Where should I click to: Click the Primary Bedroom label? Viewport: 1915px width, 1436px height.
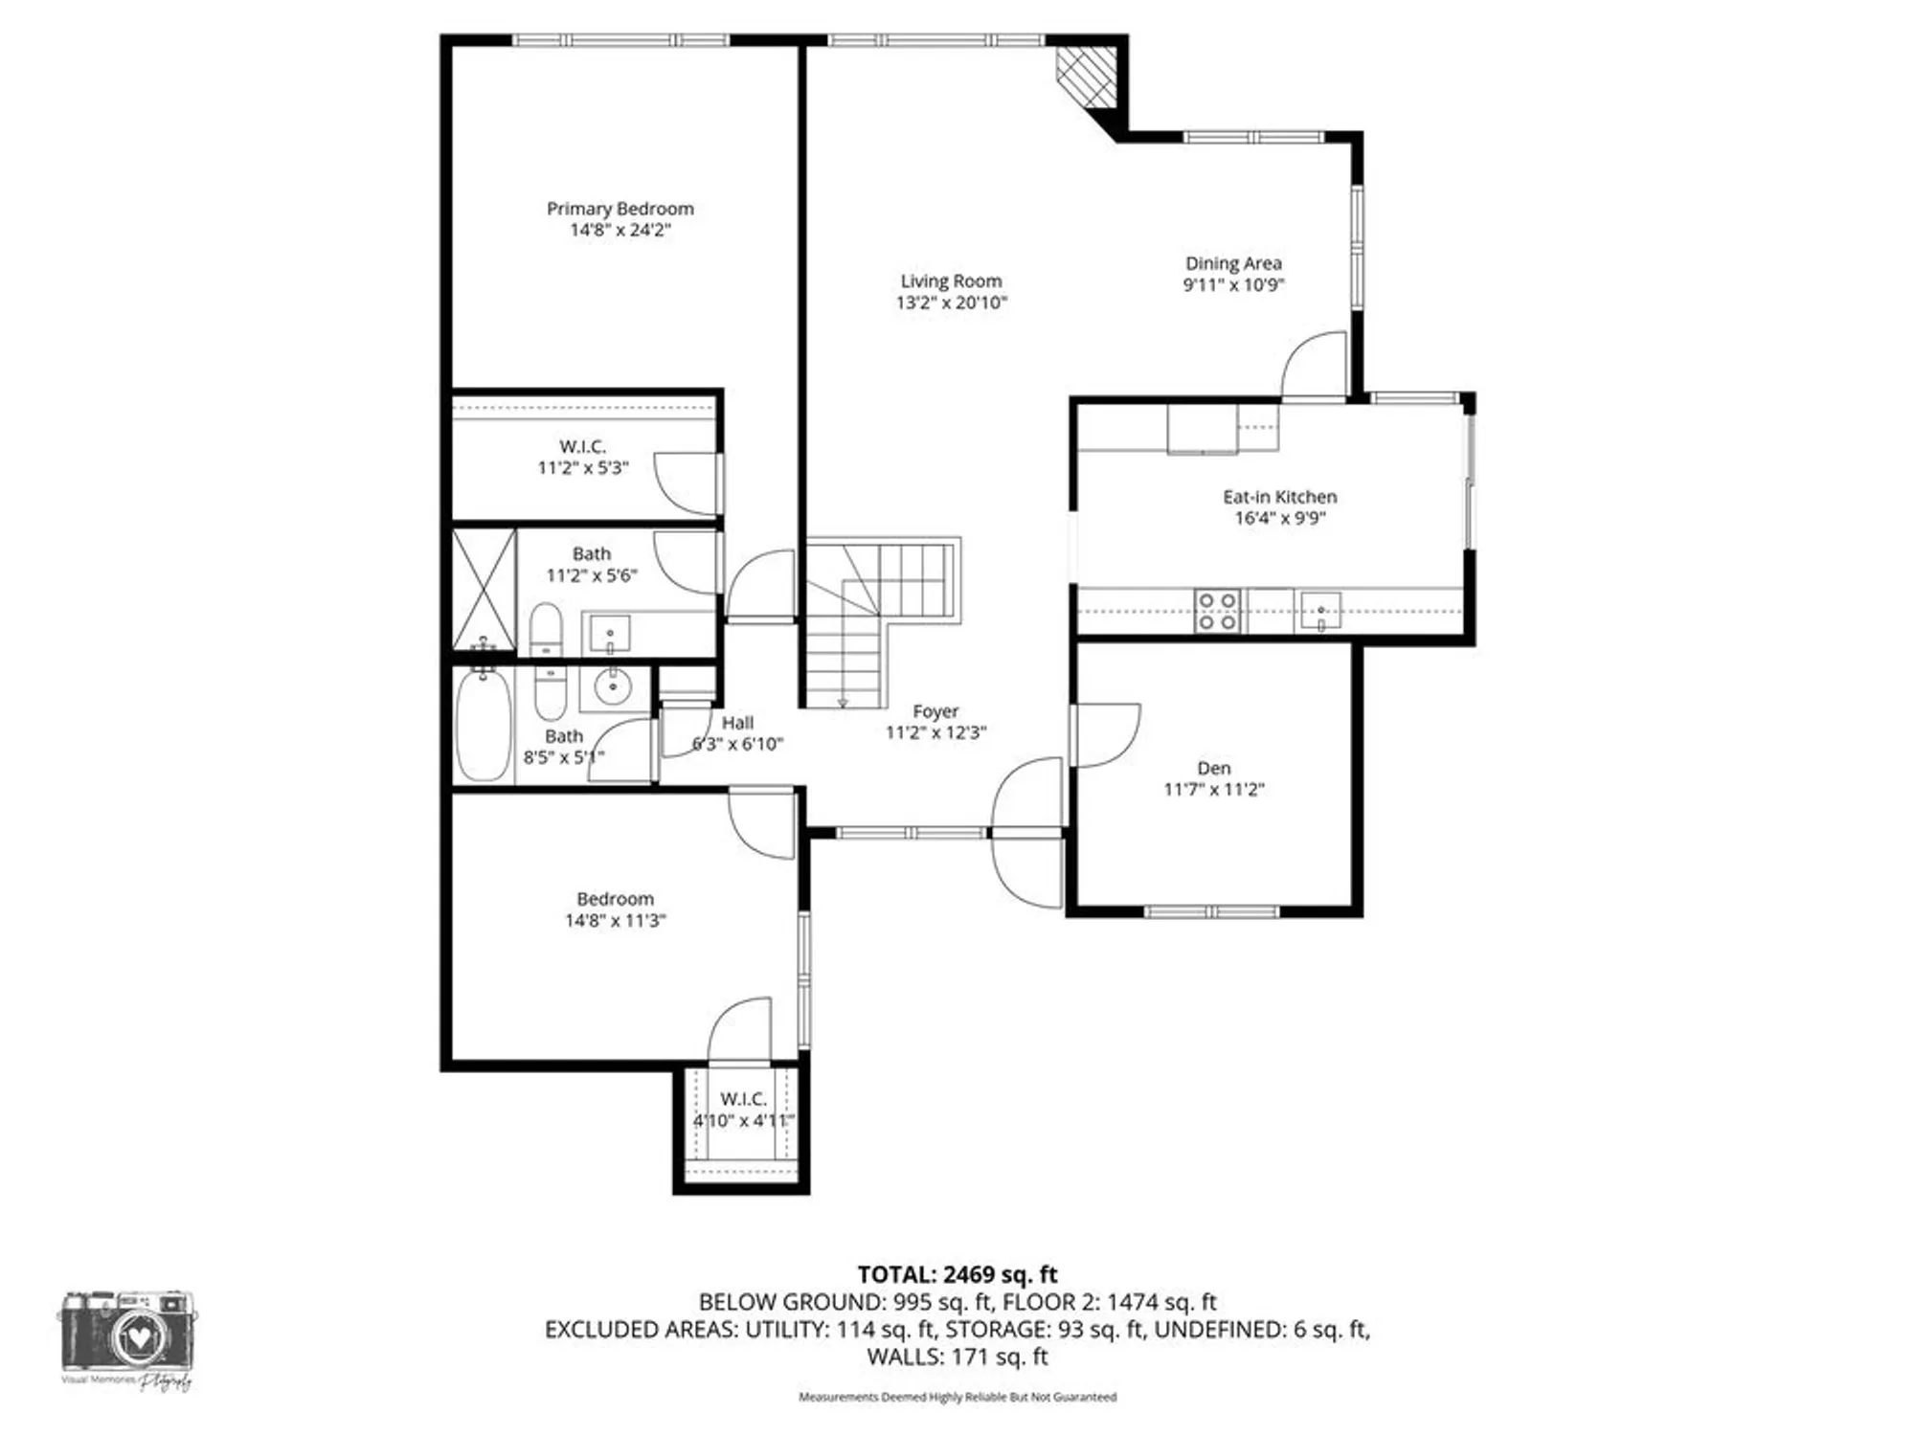coord(620,209)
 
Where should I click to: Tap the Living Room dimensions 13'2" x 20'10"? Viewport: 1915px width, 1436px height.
coord(951,303)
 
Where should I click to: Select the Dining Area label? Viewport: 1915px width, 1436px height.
coord(1232,263)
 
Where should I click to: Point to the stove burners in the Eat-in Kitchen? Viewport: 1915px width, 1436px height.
coord(1217,611)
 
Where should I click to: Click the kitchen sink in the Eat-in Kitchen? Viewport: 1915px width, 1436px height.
coord(1320,611)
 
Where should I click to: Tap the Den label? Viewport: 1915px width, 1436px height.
coord(1213,768)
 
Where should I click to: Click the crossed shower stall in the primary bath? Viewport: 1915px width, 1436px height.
coord(484,590)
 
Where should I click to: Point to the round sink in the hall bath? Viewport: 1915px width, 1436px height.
coord(610,686)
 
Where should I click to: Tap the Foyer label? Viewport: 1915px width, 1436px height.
coord(935,711)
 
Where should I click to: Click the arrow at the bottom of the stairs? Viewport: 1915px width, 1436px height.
coord(843,703)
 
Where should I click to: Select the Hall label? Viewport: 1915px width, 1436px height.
coord(737,723)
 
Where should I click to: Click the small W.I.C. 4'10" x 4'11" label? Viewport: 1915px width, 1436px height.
coord(743,1098)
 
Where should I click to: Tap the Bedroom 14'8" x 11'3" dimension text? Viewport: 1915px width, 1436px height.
coord(615,920)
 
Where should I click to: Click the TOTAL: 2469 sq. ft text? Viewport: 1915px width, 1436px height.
coord(957,1274)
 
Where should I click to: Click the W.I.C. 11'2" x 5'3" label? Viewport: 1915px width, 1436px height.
coord(582,447)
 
